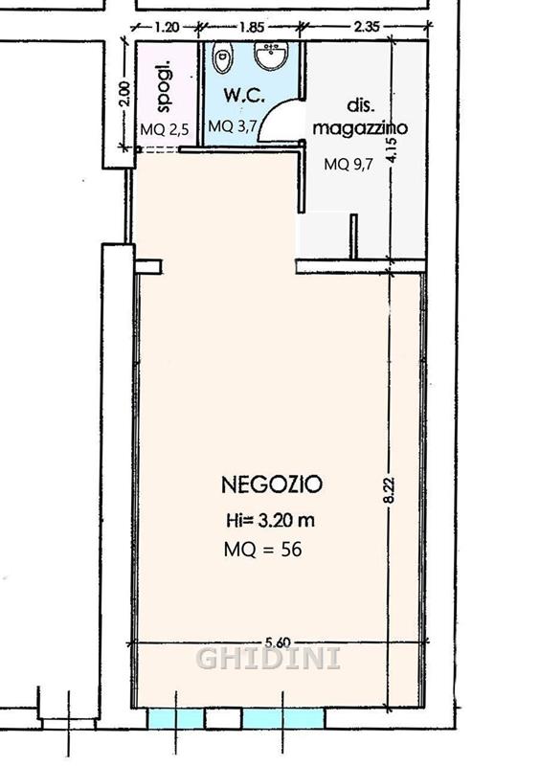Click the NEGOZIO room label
[x=272, y=484]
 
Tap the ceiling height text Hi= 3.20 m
[x=270, y=520]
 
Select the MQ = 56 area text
[x=263, y=550]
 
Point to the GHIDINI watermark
[x=268, y=659]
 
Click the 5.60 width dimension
[x=279, y=642]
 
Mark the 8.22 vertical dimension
[x=390, y=489]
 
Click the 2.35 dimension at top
[x=367, y=26]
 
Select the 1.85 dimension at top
[x=252, y=27]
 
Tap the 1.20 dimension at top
[x=168, y=27]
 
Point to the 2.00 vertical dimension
[x=125, y=94]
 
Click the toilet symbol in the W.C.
[x=222, y=57]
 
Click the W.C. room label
[x=244, y=96]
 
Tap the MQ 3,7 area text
[x=232, y=126]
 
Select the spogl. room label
[x=166, y=86]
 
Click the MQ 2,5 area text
[x=165, y=129]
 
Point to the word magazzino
[x=361, y=127]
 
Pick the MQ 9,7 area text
[x=349, y=164]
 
